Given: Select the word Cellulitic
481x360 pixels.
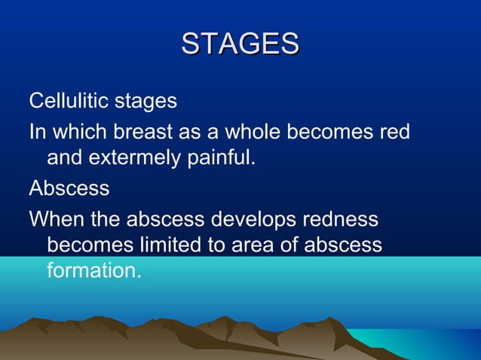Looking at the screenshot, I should click(65, 100).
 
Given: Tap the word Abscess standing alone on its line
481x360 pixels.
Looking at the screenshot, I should click(69, 188).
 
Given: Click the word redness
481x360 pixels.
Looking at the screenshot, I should click(340, 219).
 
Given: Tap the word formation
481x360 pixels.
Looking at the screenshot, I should click(93, 270).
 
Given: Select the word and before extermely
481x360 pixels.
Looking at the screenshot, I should click(63, 159).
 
